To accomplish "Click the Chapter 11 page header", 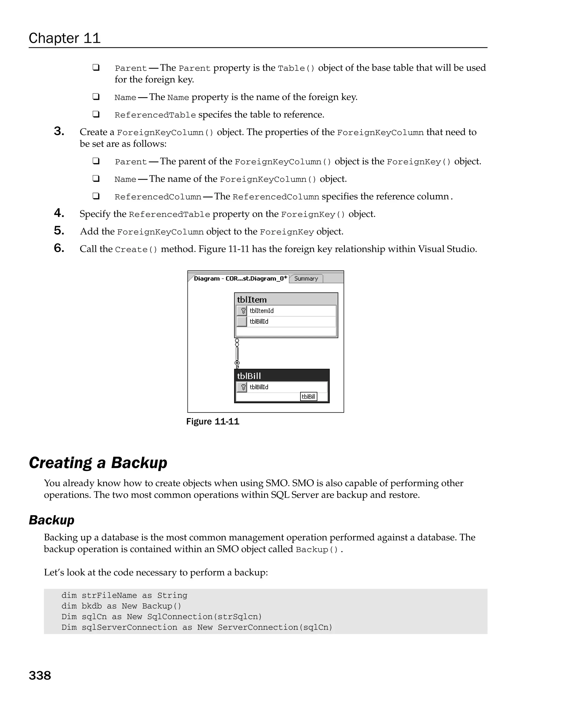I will point(64,38).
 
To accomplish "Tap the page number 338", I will point(40,675).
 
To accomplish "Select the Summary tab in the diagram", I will point(306,278).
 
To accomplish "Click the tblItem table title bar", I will point(286,299).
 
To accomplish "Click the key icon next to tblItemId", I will point(242,311).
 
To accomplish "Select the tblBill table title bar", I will point(281,375).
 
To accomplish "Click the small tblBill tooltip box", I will point(308,396).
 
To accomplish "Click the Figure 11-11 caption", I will point(213,421).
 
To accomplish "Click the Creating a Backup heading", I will point(98,462).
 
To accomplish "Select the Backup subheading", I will point(51,520).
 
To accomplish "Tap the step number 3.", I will point(59,131).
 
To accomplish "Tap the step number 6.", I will point(59,248).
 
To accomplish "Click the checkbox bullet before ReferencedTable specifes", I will point(96,114).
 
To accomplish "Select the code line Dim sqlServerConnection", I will point(197,627).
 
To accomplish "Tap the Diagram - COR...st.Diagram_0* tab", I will point(240,278).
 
